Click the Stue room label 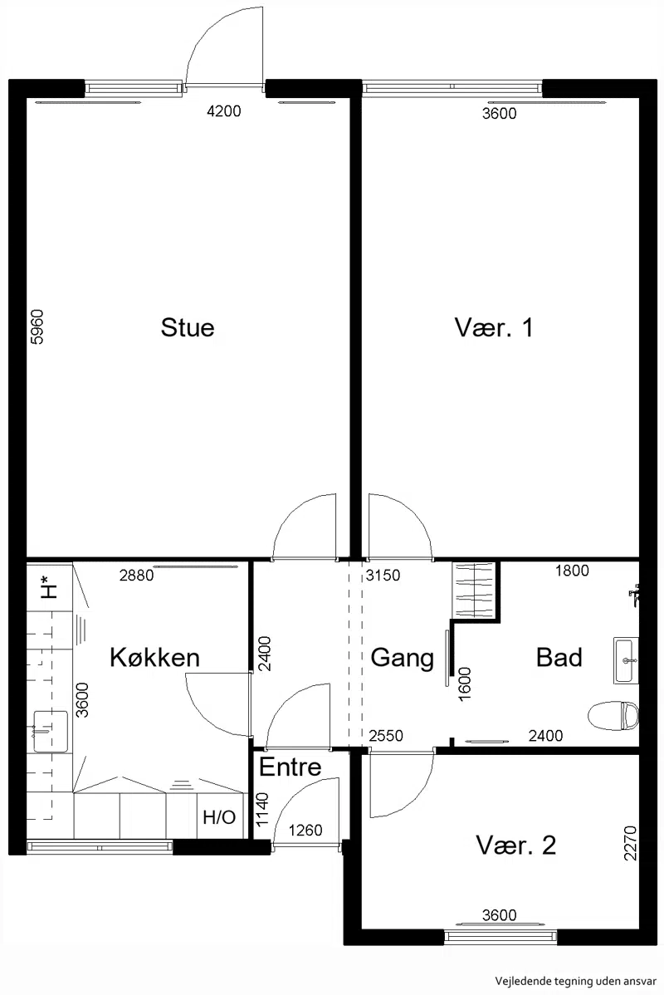[188, 327]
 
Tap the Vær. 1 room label [494, 327]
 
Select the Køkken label [154, 658]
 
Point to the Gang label [402, 658]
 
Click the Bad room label [559, 658]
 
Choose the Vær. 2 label [516, 846]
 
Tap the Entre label [290, 767]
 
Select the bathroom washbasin [626, 660]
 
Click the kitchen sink [50, 731]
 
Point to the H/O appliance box [219, 816]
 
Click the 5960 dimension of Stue [37, 326]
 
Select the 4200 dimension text [224, 111]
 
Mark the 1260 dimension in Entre [305, 830]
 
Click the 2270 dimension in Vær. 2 [630, 843]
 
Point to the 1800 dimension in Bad [572, 571]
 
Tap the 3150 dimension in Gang [383, 576]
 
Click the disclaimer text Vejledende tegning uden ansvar [576, 981]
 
